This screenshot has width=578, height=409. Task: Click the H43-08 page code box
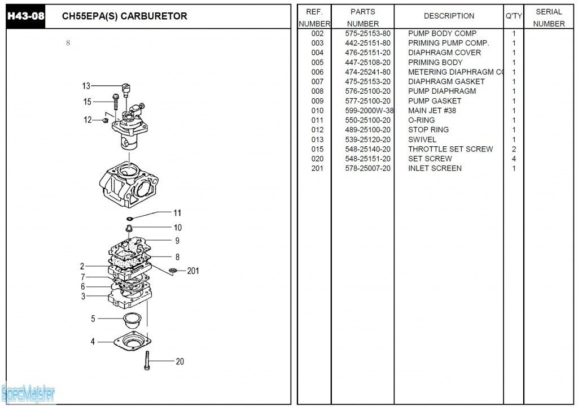click(x=26, y=16)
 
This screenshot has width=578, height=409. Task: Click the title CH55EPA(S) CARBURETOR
click(x=124, y=16)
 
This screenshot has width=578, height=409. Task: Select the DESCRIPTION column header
click(x=449, y=16)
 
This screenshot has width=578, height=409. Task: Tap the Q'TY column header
click(x=514, y=16)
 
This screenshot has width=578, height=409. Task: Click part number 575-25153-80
click(x=367, y=33)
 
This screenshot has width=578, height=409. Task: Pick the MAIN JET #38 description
click(x=432, y=111)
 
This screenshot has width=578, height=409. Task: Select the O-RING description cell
click(x=421, y=120)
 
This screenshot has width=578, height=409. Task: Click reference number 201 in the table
click(x=317, y=168)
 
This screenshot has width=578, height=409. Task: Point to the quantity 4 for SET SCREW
click(x=514, y=159)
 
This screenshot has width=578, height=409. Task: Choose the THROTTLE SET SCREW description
click(x=450, y=149)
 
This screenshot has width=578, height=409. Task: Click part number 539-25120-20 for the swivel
click(x=367, y=140)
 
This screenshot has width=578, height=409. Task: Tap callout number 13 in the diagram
click(x=86, y=86)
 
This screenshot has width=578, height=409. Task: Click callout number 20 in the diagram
click(x=179, y=362)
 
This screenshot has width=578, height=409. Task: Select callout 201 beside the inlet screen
click(x=193, y=271)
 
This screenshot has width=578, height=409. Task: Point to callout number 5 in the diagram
click(x=93, y=319)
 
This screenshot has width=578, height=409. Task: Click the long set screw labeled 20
click(x=147, y=360)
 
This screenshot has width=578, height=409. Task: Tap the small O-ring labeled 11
click(x=129, y=218)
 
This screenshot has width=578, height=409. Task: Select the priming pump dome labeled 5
click(x=133, y=320)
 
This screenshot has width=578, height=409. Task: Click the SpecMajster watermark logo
click(x=28, y=393)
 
